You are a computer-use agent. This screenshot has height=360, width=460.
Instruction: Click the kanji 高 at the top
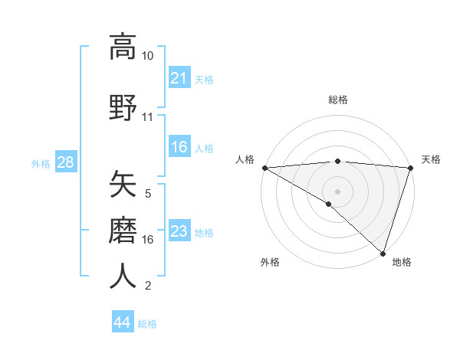[123, 47]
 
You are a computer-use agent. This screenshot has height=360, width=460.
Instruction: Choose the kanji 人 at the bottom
[123, 276]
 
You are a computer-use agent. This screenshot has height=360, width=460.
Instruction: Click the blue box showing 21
[179, 78]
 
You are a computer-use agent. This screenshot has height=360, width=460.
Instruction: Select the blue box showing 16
[179, 147]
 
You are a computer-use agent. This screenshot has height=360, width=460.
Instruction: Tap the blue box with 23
[179, 231]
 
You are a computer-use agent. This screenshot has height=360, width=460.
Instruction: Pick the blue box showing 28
[64, 162]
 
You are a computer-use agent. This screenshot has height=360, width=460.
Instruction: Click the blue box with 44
[122, 323]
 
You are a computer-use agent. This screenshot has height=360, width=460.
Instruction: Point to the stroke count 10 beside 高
[147, 56]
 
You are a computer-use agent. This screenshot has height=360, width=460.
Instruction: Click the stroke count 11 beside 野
[147, 117]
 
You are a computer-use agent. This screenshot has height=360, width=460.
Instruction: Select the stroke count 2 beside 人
[147, 286]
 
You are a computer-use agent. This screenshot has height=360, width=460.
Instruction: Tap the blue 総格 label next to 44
[147, 324]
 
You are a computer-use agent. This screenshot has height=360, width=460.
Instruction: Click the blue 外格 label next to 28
[41, 163]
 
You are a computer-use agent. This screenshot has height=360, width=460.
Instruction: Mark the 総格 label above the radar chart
[337, 100]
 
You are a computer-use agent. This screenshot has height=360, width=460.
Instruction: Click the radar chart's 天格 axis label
[431, 159]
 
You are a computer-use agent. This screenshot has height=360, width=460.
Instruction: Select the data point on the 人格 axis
[264, 167]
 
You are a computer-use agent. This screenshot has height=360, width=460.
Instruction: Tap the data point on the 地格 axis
[383, 253]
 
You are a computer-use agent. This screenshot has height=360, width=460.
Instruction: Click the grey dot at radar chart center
[337, 191]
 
